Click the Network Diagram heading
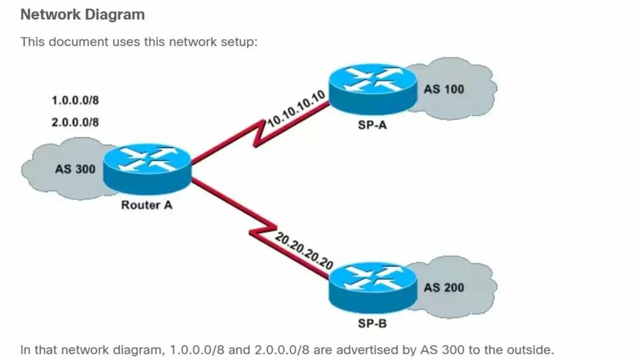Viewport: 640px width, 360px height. (82, 14)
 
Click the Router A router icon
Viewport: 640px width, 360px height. (147, 169)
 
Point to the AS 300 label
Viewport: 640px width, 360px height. (75, 169)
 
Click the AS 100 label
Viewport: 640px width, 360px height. (443, 89)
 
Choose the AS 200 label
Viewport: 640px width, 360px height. (443, 287)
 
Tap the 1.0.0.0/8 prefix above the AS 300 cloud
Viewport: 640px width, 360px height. (75, 100)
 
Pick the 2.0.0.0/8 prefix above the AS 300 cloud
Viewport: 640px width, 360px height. (75, 122)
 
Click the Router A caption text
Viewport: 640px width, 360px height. (146, 205)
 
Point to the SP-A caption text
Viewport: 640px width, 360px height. (372, 125)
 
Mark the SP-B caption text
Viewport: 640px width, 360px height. (372, 323)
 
